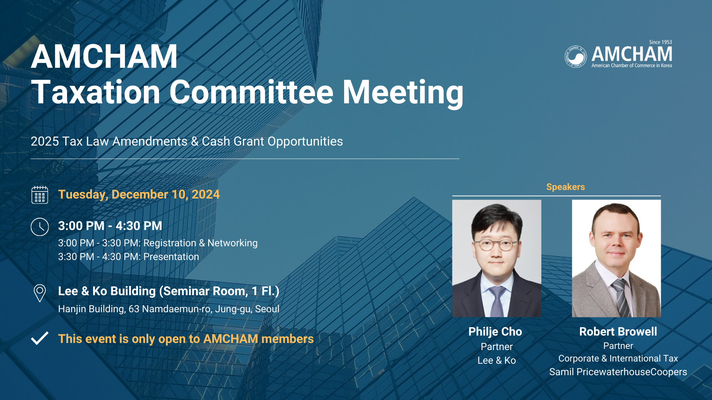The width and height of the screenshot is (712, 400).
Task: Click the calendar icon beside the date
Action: click(x=40, y=195)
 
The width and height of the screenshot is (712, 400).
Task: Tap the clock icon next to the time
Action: click(x=40, y=227)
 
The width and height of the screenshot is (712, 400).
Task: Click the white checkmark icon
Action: click(x=40, y=338)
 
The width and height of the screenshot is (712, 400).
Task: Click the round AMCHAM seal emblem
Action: click(x=576, y=57)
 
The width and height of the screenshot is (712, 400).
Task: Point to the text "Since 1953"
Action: click(x=660, y=42)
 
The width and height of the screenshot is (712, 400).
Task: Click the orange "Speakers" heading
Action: click(x=566, y=187)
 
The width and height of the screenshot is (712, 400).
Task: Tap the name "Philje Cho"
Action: click(x=495, y=331)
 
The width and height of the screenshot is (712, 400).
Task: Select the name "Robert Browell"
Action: click(x=618, y=331)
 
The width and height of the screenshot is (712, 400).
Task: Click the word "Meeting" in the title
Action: click(x=403, y=93)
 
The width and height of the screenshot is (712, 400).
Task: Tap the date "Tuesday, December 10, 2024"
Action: click(x=139, y=194)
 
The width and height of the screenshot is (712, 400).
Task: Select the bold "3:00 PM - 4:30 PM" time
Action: click(x=110, y=226)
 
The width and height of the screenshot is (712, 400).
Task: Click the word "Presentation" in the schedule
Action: click(x=171, y=257)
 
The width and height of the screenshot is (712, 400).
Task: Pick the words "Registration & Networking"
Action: click(x=201, y=243)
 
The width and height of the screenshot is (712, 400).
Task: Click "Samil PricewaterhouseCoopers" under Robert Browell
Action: click(x=618, y=372)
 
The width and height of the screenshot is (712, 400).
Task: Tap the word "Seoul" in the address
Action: click(x=267, y=309)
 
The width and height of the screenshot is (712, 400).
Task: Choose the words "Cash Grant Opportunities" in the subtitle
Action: click(x=273, y=141)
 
